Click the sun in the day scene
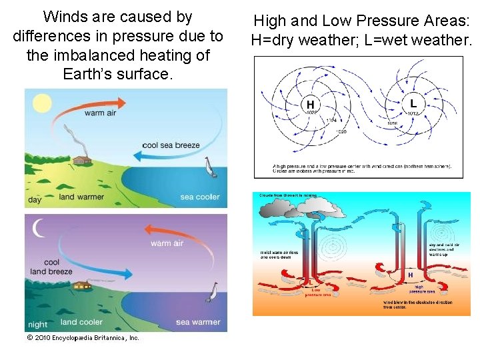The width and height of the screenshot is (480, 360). pyautogui.click(x=41, y=103)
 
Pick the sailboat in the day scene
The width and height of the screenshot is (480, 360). pyautogui.click(x=210, y=168)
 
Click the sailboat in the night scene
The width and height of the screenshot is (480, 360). pyautogui.click(x=213, y=292)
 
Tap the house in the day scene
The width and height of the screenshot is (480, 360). pyautogui.click(x=83, y=160)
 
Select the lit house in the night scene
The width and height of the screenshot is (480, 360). pyautogui.click(x=83, y=286)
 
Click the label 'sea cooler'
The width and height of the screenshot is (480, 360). pyautogui.click(x=199, y=197)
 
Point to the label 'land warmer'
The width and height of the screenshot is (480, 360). pyautogui.click(x=81, y=197)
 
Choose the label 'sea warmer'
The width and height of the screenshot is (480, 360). pyautogui.click(x=198, y=322)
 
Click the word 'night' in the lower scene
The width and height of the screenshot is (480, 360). pyautogui.click(x=38, y=325)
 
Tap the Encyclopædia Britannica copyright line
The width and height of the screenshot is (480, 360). pyautogui.click(x=83, y=338)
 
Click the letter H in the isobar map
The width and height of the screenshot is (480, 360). pyautogui.click(x=310, y=105)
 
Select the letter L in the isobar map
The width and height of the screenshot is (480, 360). pyautogui.click(x=413, y=104)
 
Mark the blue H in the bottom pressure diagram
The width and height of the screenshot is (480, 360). pyautogui.click(x=410, y=275)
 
